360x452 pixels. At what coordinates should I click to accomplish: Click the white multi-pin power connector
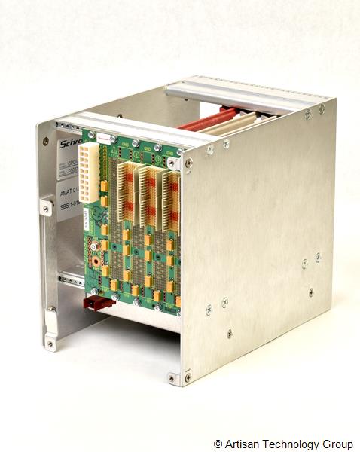[93, 173]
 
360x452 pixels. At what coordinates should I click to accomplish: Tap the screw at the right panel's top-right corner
[322, 108]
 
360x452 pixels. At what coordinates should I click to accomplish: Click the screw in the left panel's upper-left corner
[46, 141]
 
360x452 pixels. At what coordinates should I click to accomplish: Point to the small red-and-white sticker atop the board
[105, 139]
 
